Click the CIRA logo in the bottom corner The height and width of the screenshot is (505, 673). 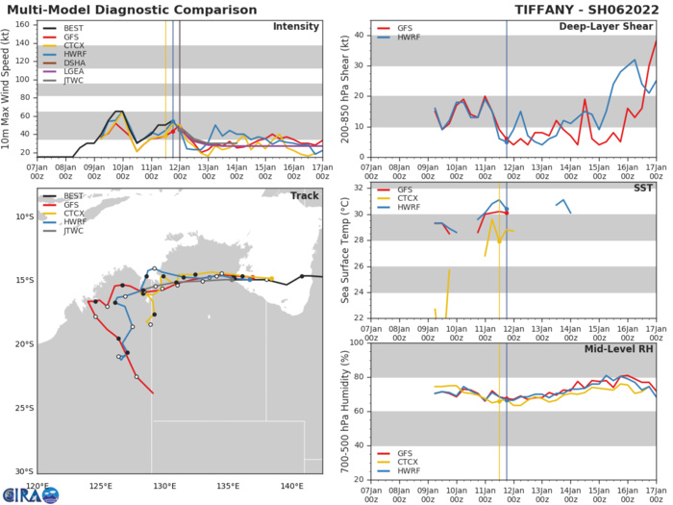(37, 494)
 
